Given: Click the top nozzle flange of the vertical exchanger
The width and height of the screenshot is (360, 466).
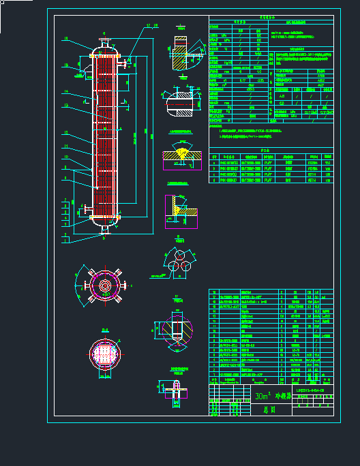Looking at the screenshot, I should (x=104, y=42).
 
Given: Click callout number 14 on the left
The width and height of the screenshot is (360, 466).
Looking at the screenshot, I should (x=66, y=91).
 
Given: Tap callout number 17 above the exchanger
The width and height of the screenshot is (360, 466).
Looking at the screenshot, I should (x=148, y=26).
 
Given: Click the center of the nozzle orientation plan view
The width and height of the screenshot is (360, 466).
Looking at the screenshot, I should (x=104, y=285).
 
